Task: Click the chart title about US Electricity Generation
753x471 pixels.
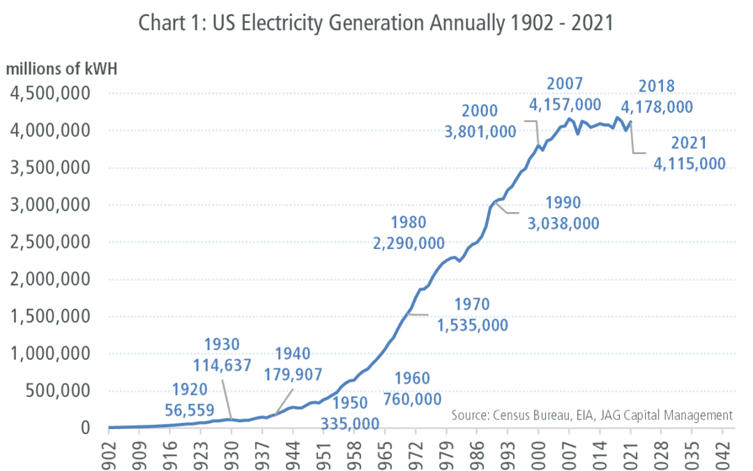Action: tap(376, 23)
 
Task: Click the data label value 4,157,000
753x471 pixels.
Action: tap(565, 105)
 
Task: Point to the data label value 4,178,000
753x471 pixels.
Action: tap(657, 107)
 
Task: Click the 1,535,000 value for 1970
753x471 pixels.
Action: tap(472, 325)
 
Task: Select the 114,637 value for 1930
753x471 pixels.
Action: tap(222, 364)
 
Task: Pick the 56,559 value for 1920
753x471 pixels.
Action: tap(190, 410)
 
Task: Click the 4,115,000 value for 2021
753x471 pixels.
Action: tap(690, 164)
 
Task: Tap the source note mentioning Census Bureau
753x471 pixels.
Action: tap(592, 415)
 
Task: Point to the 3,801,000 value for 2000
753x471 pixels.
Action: tap(480, 131)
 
